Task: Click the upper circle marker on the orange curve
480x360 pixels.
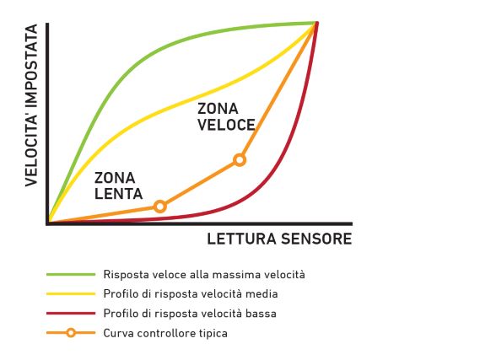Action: click(x=240, y=159)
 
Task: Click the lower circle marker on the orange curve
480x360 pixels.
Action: click(x=159, y=207)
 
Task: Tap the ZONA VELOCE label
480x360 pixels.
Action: click(x=226, y=117)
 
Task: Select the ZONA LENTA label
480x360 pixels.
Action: click(x=118, y=186)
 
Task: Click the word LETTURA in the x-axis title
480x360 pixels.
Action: click(x=241, y=239)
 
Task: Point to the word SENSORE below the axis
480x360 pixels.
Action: click(x=316, y=239)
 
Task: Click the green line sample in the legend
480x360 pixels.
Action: click(x=71, y=274)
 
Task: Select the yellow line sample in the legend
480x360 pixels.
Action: click(x=71, y=294)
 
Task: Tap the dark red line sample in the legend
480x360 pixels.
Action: click(x=71, y=313)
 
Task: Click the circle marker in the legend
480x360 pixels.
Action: click(x=71, y=333)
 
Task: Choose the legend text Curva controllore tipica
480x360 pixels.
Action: click(x=165, y=333)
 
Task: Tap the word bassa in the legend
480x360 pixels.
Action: click(x=262, y=314)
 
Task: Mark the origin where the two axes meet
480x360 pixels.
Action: click(x=47, y=223)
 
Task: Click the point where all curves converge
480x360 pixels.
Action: click(x=316, y=24)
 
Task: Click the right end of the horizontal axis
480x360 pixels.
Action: click(x=352, y=223)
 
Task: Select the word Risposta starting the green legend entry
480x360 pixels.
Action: click(x=121, y=275)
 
